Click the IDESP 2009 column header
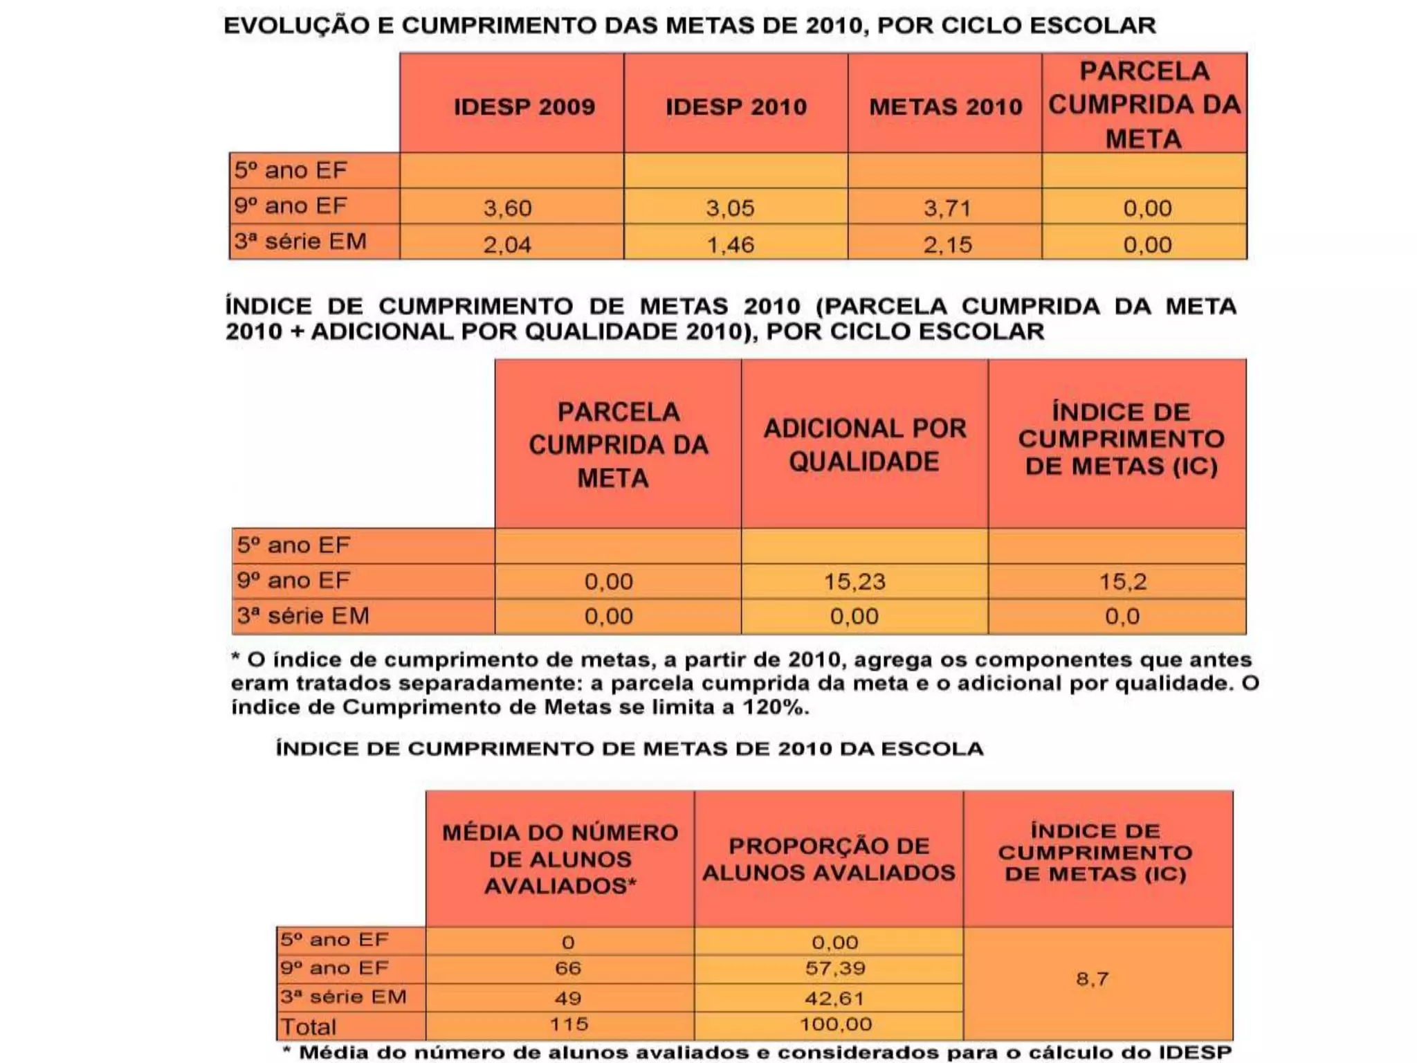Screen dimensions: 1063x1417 pos(524,107)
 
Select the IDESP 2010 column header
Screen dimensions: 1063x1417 pos(735,107)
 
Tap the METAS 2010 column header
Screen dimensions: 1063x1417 pos(945,107)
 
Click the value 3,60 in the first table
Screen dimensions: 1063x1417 pos(507,208)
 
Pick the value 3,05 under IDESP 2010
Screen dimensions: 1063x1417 pos(730,208)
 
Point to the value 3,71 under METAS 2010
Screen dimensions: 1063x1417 pos(947,208)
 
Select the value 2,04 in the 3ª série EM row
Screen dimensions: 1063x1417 pos(507,244)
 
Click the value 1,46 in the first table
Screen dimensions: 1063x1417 pos(730,244)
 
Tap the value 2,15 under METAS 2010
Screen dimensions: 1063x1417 pos(947,244)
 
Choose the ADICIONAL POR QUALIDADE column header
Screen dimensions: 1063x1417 pos(864,444)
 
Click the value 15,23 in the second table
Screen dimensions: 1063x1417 pos(854,581)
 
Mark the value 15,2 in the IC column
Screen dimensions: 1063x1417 pos(1122,581)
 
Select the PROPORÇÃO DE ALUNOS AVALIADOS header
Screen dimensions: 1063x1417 pos(828,859)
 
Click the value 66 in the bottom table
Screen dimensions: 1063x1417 pos(567,968)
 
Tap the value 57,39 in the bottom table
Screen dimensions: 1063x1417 pos(835,968)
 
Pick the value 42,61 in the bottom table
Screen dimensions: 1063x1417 pos(835,998)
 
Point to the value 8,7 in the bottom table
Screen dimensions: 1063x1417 pos(1093,979)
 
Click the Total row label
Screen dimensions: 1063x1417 pos(308,1026)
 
